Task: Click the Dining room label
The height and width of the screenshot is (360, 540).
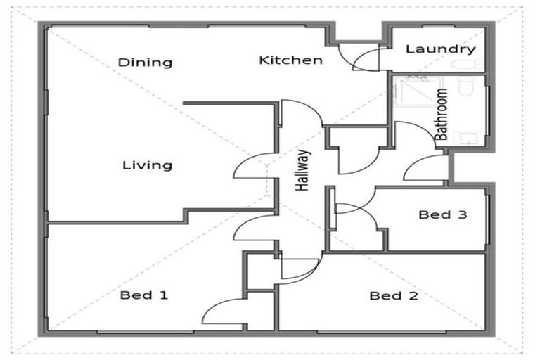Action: [145, 63]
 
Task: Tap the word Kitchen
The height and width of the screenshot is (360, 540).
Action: [291, 60]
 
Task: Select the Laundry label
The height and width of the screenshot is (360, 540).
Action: [441, 49]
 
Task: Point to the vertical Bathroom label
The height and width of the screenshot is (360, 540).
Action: [442, 115]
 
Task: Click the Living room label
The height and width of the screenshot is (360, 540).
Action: [148, 165]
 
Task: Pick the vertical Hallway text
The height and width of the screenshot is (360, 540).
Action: [303, 170]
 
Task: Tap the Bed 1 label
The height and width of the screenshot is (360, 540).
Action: [144, 295]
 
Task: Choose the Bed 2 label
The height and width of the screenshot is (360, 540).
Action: [394, 295]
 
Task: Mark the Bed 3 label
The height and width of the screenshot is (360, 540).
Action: [443, 214]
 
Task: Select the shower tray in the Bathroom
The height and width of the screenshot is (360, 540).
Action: [418, 91]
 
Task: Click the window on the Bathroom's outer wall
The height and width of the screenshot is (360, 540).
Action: [487, 110]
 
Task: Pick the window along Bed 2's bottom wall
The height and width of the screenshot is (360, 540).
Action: [382, 332]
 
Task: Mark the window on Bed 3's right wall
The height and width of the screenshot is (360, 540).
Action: [488, 219]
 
